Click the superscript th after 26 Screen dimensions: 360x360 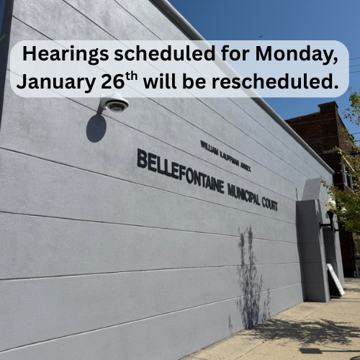pos(131,77)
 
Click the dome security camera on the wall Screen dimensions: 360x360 pos(115,104)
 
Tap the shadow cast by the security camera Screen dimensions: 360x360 pos(96,127)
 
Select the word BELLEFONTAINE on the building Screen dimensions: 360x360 pos(180,174)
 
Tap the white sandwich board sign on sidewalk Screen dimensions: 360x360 pos(336,279)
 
